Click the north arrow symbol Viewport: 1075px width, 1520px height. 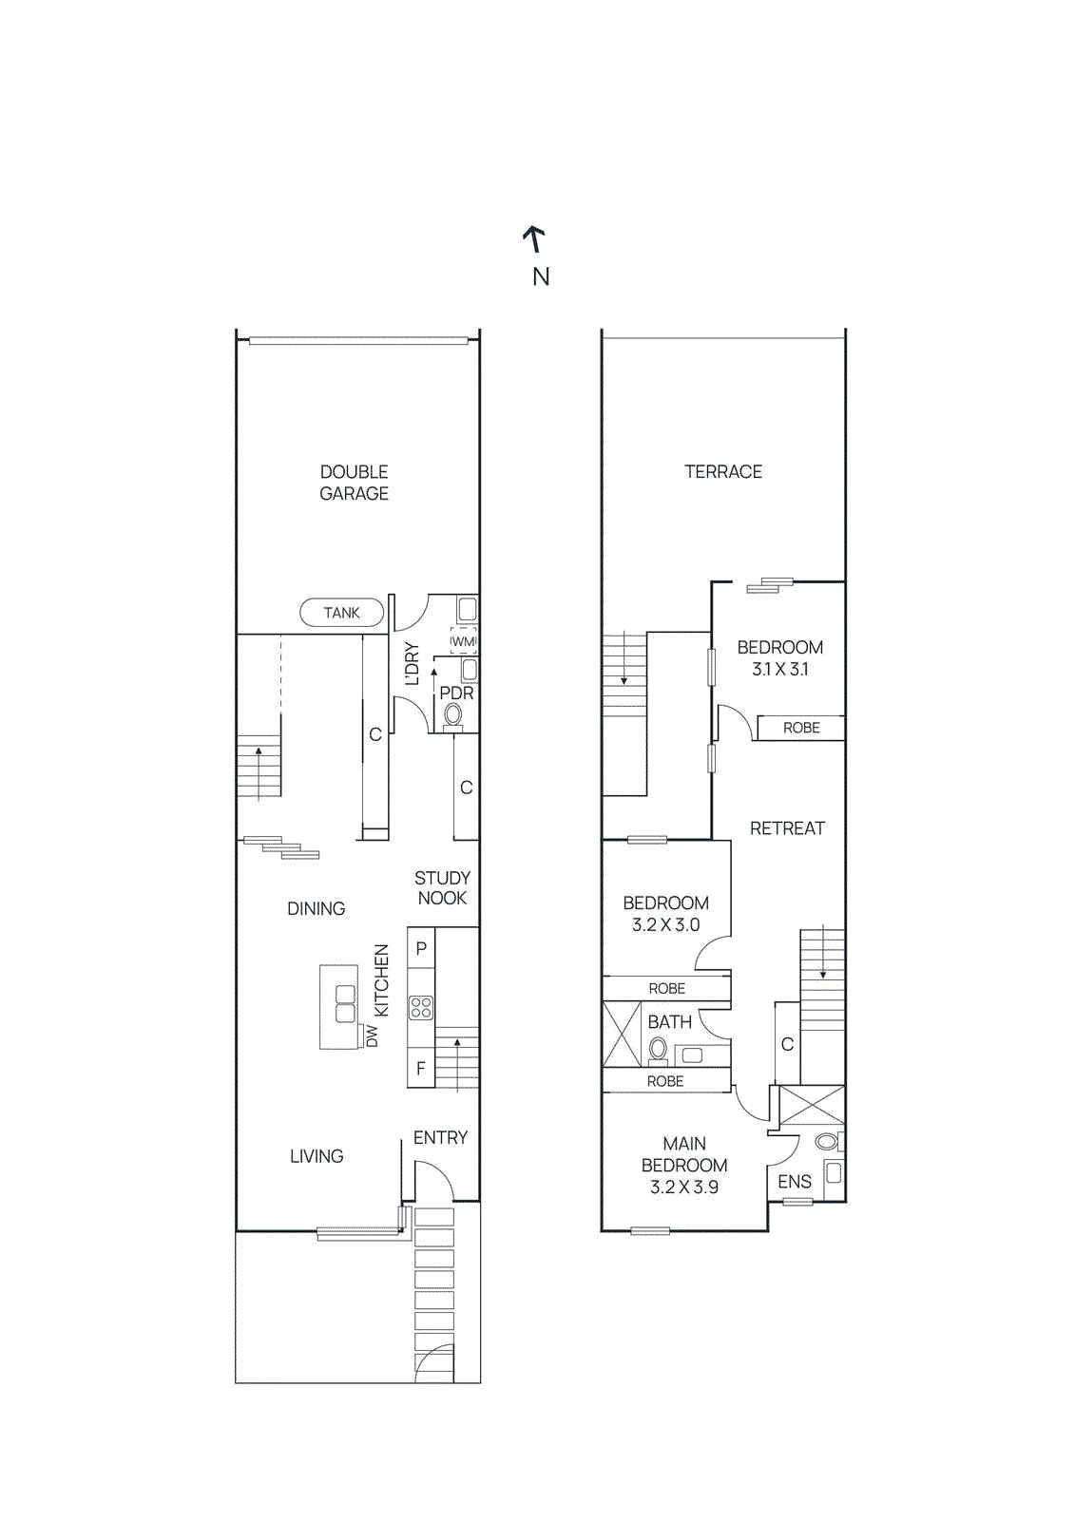click(535, 238)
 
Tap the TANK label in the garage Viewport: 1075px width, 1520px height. click(341, 613)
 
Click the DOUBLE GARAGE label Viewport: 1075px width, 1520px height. click(354, 483)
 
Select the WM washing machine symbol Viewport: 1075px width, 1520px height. click(463, 641)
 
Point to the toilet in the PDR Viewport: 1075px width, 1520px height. click(453, 715)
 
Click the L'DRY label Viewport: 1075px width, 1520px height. click(413, 663)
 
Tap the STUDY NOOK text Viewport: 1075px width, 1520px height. click(442, 887)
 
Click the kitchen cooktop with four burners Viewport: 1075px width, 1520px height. click(421, 1007)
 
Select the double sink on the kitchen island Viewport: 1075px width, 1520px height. click(345, 1003)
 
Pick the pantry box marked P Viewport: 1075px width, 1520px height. click(421, 948)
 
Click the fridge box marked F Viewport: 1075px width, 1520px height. click(421, 1069)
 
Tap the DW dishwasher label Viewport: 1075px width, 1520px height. click(372, 1035)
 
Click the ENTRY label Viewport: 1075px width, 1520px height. click(440, 1137)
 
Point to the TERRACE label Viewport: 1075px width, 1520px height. click(723, 471)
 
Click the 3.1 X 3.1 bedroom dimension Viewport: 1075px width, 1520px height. click(779, 669)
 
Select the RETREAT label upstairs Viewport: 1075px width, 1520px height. click(787, 828)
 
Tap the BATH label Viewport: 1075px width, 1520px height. click(669, 1022)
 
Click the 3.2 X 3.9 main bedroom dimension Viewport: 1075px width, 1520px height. click(684, 1187)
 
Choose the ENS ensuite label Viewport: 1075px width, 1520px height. click(795, 1182)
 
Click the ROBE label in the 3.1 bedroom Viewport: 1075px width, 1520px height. click(801, 728)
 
